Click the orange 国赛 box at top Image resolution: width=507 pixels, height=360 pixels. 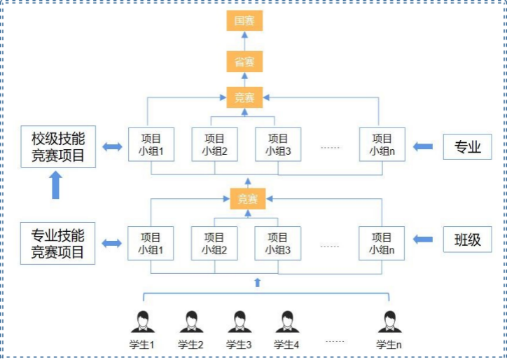pyautogui.click(x=244, y=20)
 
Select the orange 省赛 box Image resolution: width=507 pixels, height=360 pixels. pyautogui.click(x=244, y=62)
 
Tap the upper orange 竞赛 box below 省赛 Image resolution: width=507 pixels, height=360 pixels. pyautogui.click(x=244, y=97)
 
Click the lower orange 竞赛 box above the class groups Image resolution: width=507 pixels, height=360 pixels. pyautogui.click(x=248, y=199)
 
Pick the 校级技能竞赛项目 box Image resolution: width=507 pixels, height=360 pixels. pyautogui.click(x=58, y=146)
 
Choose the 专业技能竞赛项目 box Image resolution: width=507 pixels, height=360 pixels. pyautogui.click(x=58, y=244)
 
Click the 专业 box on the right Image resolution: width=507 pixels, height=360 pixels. pyautogui.click(x=468, y=146)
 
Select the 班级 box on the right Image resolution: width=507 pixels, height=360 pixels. pyautogui.click(x=468, y=240)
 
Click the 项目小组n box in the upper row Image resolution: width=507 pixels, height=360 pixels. pyautogui.click(x=382, y=144)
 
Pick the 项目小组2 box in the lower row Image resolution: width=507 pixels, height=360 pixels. pyautogui.click(x=215, y=243)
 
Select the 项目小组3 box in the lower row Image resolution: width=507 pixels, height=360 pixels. pyautogui.click(x=278, y=243)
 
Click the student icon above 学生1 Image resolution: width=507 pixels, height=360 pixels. pyautogui.click(x=142, y=322)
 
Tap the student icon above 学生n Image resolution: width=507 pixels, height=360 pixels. pyautogui.click(x=389, y=322)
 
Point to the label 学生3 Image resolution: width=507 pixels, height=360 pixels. pyautogui.click(x=239, y=345)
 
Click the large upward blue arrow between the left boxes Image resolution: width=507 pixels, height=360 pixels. pyautogui.click(x=56, y=186)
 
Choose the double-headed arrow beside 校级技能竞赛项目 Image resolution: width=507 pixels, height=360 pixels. pyautogui.click(x=111, y=146)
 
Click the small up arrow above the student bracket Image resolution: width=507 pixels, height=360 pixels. pyautogui.click(x=257, y=282)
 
